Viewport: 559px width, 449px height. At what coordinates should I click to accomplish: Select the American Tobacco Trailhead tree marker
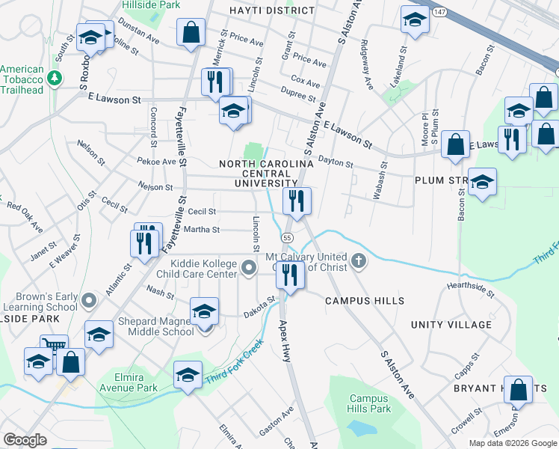(54, 78)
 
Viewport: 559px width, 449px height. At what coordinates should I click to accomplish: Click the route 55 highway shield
(286, 236)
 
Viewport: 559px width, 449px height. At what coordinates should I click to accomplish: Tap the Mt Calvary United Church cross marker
(359, 261)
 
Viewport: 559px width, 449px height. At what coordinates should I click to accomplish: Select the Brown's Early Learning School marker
(89, 301)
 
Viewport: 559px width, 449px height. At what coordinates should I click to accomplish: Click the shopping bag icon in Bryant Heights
(518, 390)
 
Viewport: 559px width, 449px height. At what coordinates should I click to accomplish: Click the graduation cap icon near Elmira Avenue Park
(188, 374)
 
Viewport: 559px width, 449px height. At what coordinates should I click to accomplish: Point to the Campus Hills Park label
(370, 404)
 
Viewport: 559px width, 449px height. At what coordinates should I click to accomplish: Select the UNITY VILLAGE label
(451, 324)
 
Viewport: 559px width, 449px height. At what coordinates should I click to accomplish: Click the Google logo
(25, 440)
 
